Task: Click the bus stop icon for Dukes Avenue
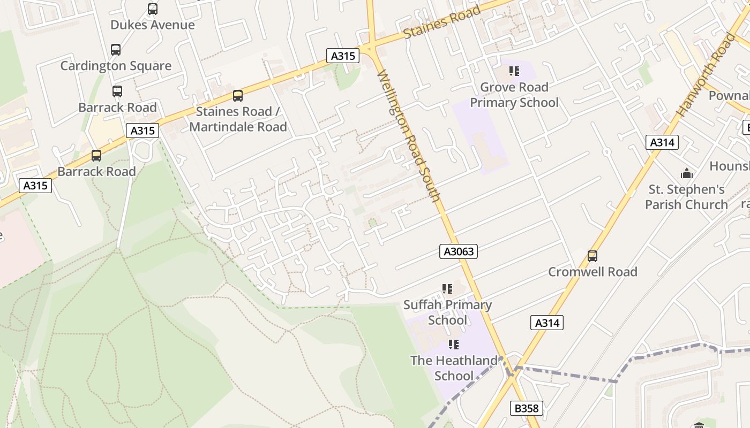(x=153, y=9)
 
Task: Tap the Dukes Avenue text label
(x=153, y=25)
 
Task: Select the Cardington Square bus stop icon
(x=116, y=50)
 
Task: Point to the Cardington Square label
(x=116, y=66)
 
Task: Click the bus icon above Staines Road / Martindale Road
(x=237, y=96)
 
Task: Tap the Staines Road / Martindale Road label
(x=238, y=119)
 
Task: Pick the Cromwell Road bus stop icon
(x=592, y=256)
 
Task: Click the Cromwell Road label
(x=592, y=272)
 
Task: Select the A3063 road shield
(x=459, y=251)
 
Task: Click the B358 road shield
(x=526, y=408)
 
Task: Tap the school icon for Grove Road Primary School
(x=514, y=71)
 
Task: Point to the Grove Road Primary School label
(x=514, y=95)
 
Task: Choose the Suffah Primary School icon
(x=447, y=289)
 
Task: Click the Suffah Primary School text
(x=447, y=312)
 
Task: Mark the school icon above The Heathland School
(x=454, y=345)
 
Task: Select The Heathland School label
(x=454, y=368)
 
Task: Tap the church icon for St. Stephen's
(x=686, y=173)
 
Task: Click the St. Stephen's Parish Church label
(x=686, y=197)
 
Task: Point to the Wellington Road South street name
(x=409, y=136)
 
